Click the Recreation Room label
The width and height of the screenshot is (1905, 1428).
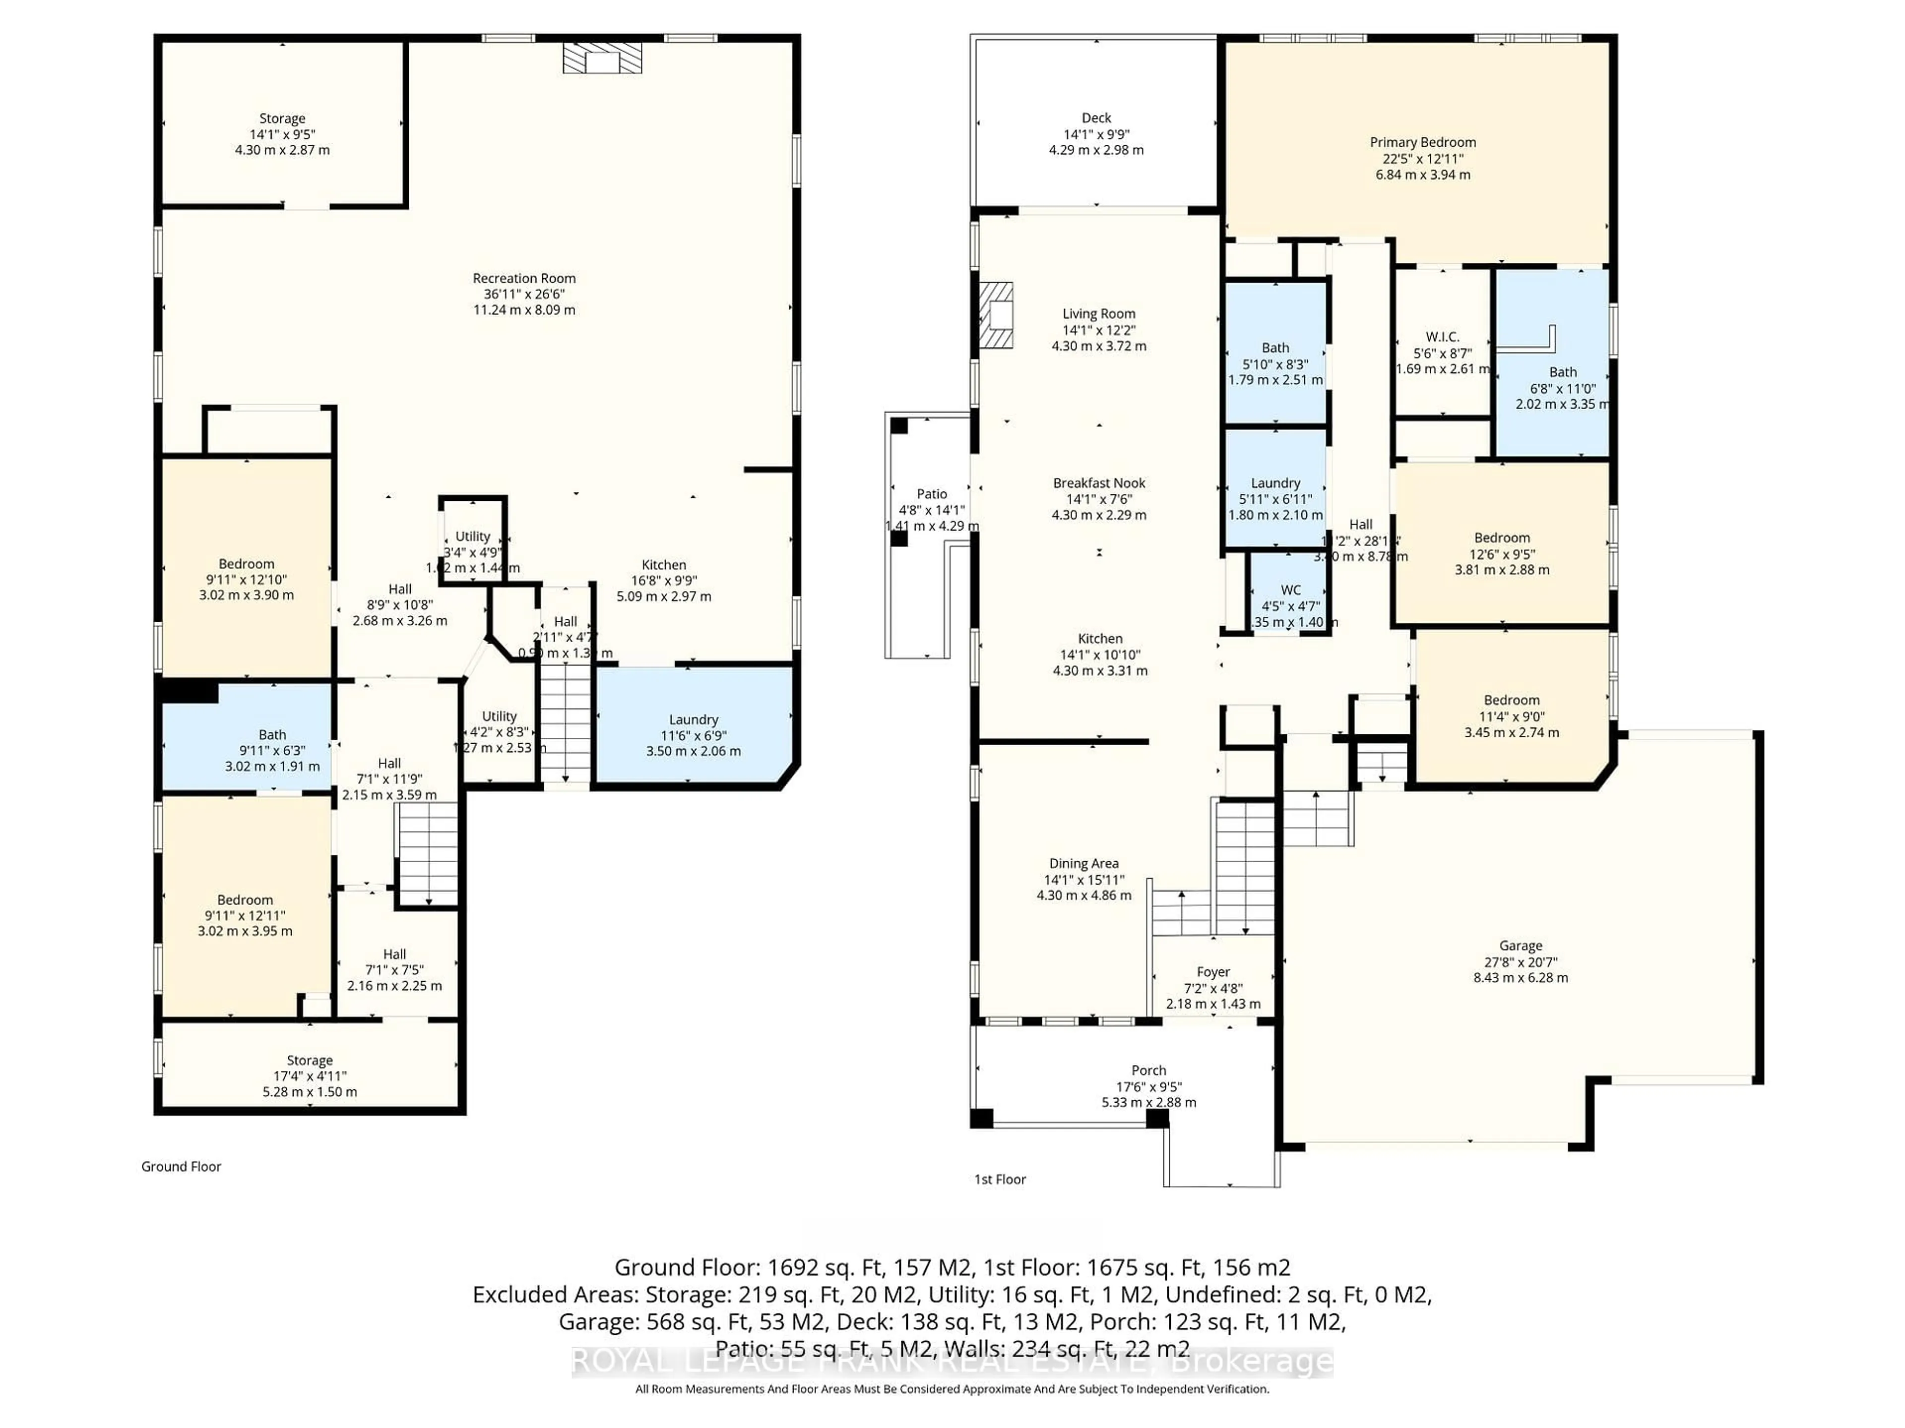coord(523,278)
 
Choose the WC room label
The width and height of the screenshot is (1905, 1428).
coord(1290,590)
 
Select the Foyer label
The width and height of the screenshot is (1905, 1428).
coord(1212,972)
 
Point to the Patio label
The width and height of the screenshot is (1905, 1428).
coord(931,494)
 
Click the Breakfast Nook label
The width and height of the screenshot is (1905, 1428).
coord(1099,483)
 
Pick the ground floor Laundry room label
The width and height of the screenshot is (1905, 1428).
coord(693,719)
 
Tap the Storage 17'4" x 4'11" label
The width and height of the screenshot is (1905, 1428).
coord(309,1061)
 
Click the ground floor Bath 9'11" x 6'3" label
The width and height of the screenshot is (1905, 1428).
coord(272,734)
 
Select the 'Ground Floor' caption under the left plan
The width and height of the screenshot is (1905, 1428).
coord(181,1166)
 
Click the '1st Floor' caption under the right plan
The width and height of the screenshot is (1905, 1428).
coord(1000,1179)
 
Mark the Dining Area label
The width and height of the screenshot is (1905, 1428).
coord(1083,863)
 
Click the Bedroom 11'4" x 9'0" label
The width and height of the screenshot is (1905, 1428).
coord(1512,700)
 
